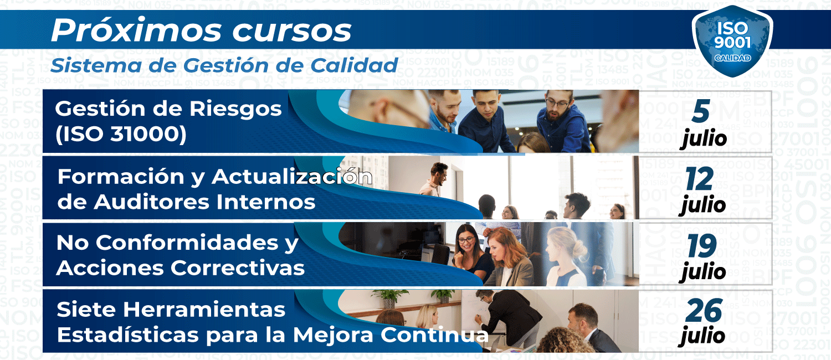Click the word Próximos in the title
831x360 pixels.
(136, 30)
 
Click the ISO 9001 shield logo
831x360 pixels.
(732, 41)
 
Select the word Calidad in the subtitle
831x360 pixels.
(354, 65)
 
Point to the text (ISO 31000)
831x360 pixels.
(121, 134)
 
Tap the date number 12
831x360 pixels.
(699, 179)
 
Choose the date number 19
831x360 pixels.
(701, 246)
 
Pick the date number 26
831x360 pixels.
(704, 311)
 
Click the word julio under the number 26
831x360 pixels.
(702, 336)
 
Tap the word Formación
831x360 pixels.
(121, 177)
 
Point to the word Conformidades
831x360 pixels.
(187, 243)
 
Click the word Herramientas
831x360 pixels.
(204, 310)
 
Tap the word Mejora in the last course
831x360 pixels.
(333, 335)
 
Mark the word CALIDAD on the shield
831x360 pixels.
(733, 58)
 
